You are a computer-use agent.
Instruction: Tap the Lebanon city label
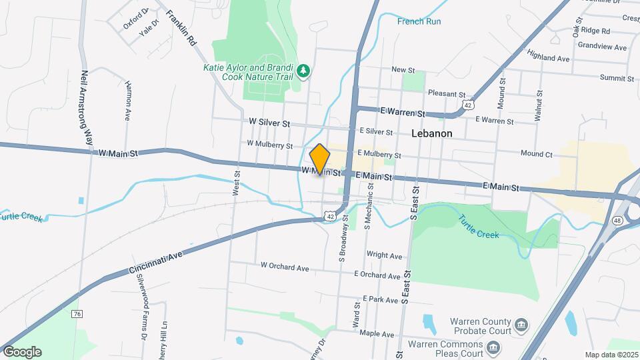(431, 133)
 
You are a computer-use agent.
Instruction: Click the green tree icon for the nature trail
(303, 71)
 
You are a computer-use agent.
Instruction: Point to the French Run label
(419, 21)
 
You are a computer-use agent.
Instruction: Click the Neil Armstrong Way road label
(86, 108)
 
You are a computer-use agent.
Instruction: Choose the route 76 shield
(77, 313)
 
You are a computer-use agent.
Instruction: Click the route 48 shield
(618, 220)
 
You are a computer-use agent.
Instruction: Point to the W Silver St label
(269, 123)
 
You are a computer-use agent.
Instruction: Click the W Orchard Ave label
(285, 267)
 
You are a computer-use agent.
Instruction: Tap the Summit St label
(616, 78)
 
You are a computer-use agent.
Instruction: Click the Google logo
(22, 351)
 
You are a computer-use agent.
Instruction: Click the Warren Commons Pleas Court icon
(493, 347)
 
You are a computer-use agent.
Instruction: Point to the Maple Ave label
(378, 333)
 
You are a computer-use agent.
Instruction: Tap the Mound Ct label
(537, 154)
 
